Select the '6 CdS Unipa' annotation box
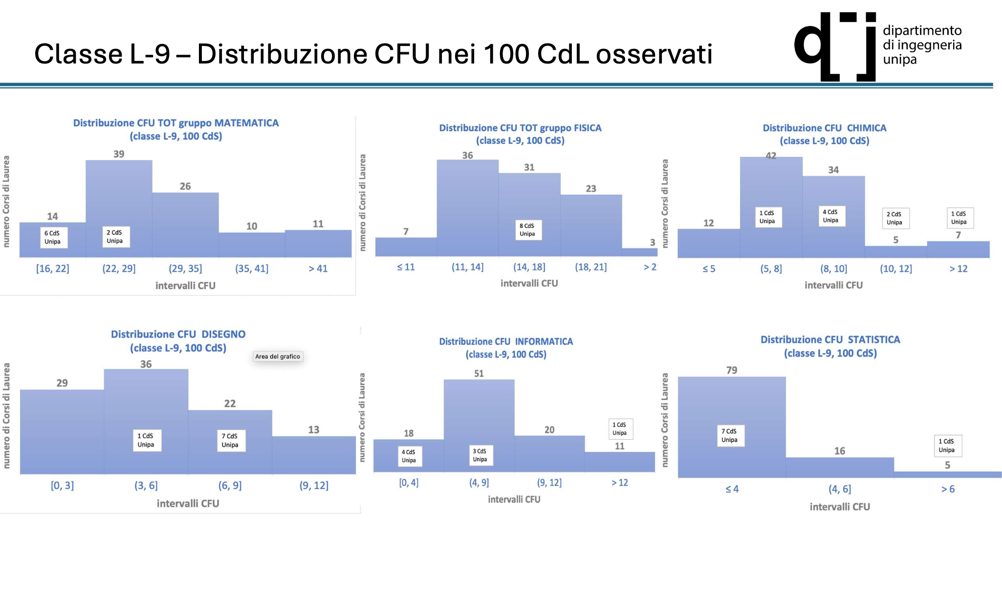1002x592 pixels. coord(53,237)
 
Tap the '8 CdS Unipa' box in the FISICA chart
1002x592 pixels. coord(527,230)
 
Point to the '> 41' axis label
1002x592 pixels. coord(318,269)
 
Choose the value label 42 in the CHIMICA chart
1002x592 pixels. coord(771,156)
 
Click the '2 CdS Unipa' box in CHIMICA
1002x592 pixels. coord(895,218)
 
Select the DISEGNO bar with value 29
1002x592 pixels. coord(62,430)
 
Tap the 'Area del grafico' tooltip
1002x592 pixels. coord(278,357)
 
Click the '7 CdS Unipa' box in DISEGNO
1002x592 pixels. coord(230,441)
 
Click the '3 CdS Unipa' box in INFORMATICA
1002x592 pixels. coord(480,455)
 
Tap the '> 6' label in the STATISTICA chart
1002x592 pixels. coord(948,489)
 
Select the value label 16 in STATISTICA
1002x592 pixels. coord(840,451)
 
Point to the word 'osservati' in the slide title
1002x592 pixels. coord(654,54)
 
